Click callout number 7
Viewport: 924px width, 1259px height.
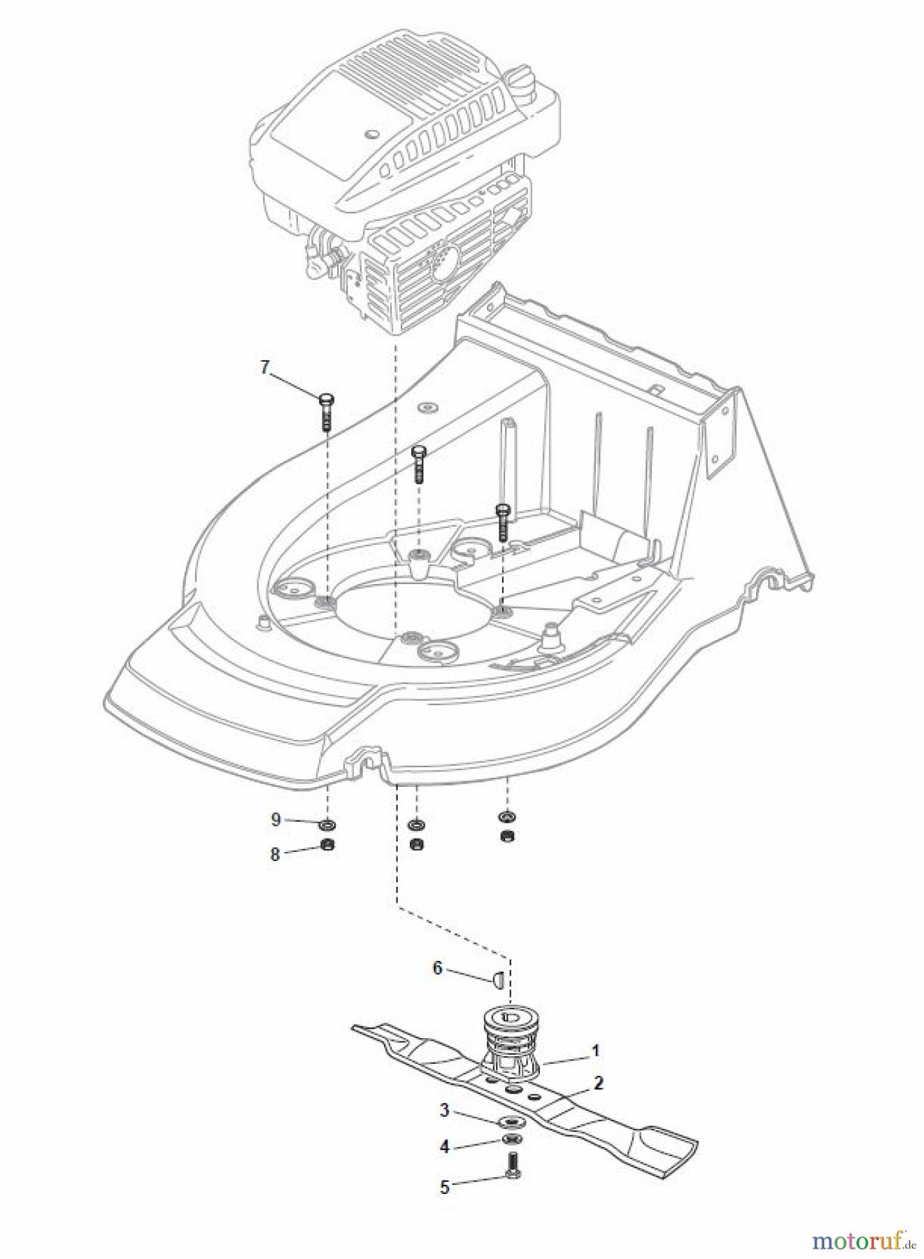pyautogui.click(x=264, y=367)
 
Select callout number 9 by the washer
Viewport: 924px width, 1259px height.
pyautogui.click(x=276, y=819)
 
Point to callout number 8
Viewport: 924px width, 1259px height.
pyautogui.click(x=276, y=854)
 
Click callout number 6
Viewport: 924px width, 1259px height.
pyautogui.click(x=438, y=968)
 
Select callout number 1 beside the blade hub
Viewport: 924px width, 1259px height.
pyautogui.click(x=595, y=1050)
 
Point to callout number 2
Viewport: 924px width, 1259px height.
pyautogui.click(x=598, y=1083)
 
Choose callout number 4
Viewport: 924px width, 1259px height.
pyautogui.click(x=443, y=1147)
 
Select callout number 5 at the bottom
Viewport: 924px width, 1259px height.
pyautogui.click(x=444, y=1187)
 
